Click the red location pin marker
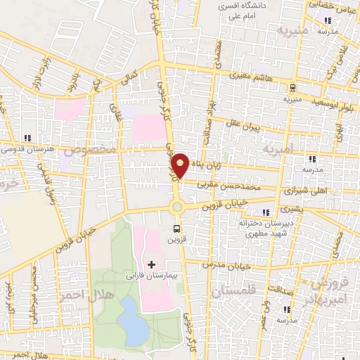[x=181, y=165]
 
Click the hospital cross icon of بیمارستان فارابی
[x=152, y=264]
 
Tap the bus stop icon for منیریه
[x=292, y=88]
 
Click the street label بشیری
[x=290, y=209]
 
